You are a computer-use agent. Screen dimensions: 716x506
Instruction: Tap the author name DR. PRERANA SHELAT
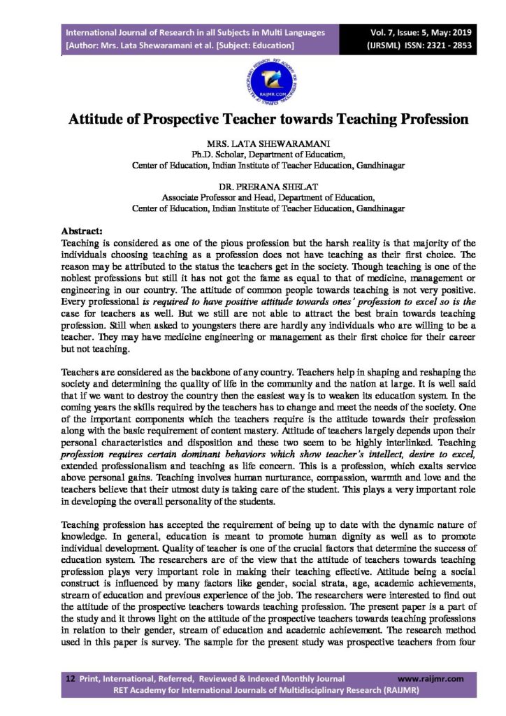coord(268,187)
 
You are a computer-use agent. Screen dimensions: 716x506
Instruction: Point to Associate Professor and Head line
coord(268,198)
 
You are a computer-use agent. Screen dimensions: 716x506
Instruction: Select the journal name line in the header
coord(195,32)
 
